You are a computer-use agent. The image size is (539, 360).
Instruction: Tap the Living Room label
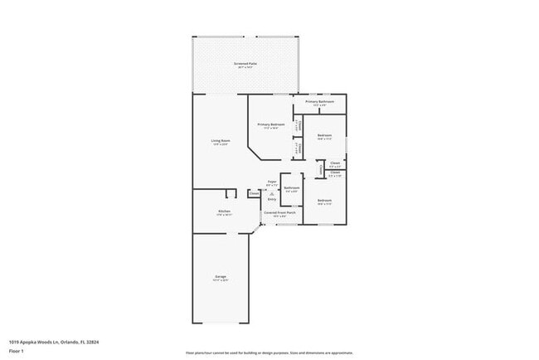pyautogui.click(x=220, y=141)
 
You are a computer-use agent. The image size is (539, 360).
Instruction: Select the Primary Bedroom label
pyautogui.click(x=274, y=124)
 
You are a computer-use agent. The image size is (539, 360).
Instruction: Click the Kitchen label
pyautogui.click(x=224, y=211)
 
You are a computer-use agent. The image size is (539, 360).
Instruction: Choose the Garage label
pyautogui.click(x=220, y=277)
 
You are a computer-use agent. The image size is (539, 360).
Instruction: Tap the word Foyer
pyautogui.click(x=271, y=181)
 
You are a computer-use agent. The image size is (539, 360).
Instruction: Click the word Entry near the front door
pyautogui.click(x=271, y=199)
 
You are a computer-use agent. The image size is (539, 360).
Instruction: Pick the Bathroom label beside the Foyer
pyautogui.click(x=292, y=187)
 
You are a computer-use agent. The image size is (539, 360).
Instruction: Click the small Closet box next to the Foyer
pyautogui.click(x=254, y=193)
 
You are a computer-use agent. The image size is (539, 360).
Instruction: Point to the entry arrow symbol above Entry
pyautogui.click(x=271, y=192)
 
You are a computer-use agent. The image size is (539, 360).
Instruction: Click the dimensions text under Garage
pyautogui.click(x=220, y=281)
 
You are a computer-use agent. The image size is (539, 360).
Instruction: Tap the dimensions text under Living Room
pyautogui.click(x=220, y=145)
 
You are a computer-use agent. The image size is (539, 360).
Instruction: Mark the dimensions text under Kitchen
pyautogui.click(x=224, y=215)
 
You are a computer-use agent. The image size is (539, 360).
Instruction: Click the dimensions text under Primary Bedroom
pyautogui.click(x=274, y=129)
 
